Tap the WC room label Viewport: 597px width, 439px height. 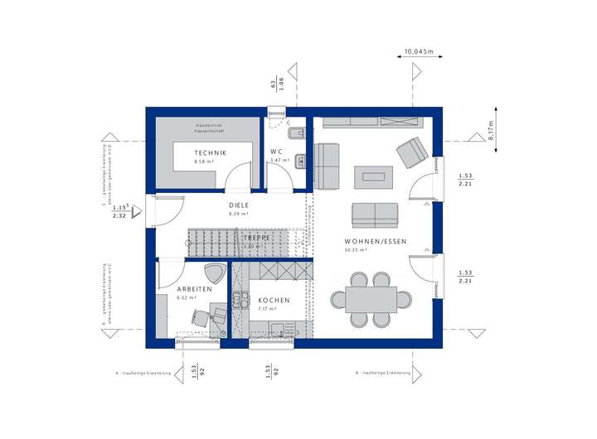click(276, 152)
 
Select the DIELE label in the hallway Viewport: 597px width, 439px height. click(239, 205)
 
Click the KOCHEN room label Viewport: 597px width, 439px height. click(274, 300)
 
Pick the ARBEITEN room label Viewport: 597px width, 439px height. click(194, 289)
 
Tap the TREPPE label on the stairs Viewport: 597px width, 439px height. click(255, 238)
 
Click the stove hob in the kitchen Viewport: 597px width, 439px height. click(240, 301)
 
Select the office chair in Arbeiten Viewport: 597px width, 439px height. click(201, 316)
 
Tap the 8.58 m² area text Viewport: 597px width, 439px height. click(202, 162)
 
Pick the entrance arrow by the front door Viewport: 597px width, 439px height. click(138, 211)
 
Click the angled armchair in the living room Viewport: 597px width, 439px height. click(411, 153)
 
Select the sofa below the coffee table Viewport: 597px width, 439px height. click(374, 215)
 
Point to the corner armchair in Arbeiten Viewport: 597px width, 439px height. click(214, 273)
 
